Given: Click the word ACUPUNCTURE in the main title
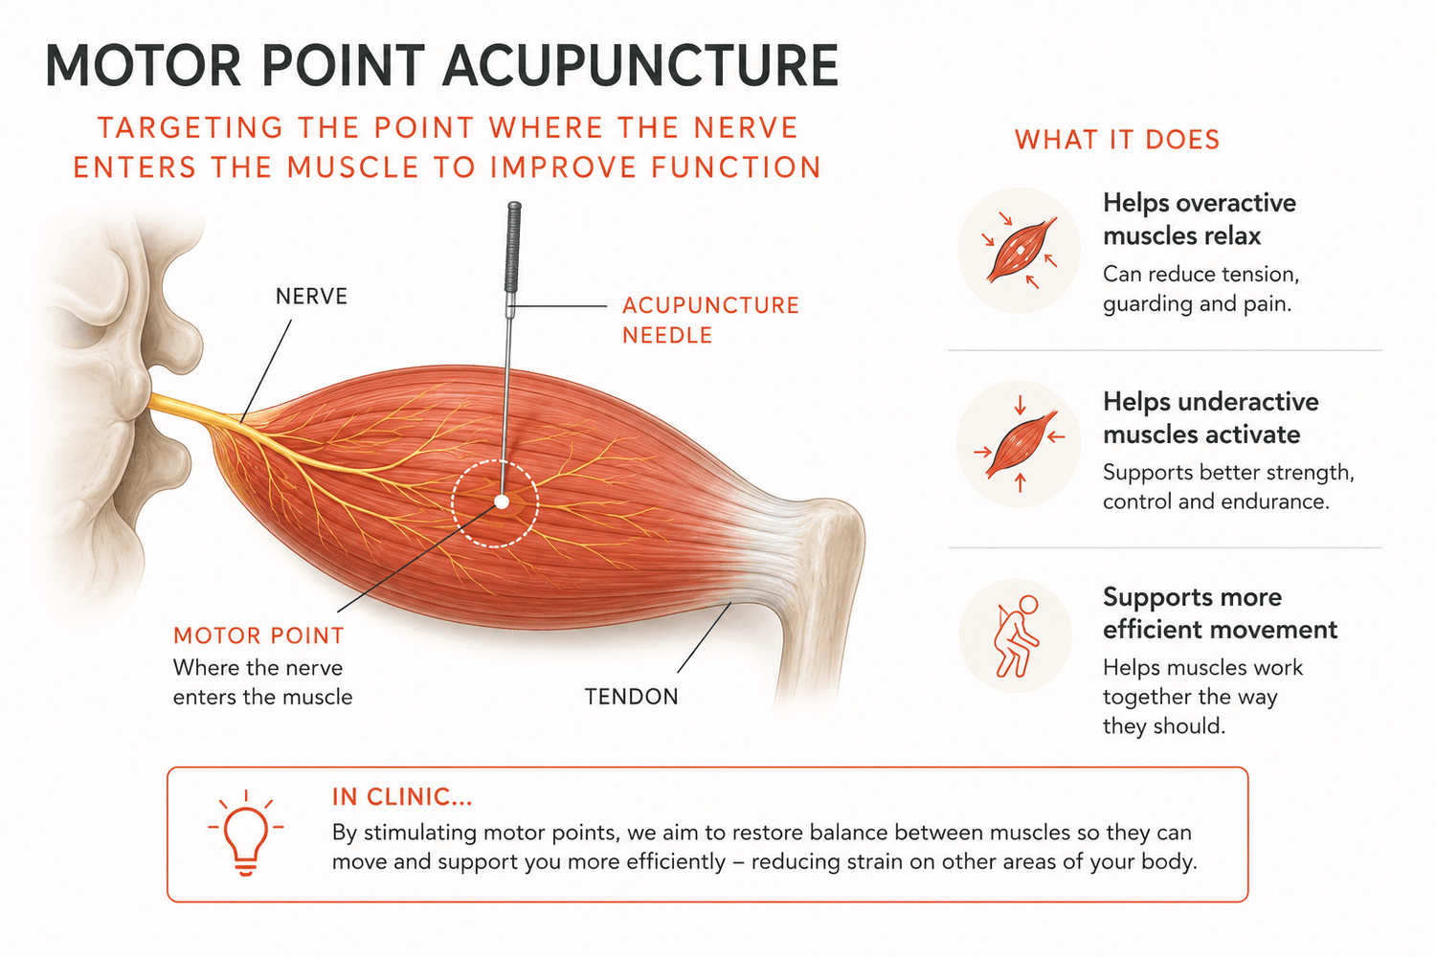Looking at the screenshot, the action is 640,65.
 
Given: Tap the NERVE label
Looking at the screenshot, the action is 311,296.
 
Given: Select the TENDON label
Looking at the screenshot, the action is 632,697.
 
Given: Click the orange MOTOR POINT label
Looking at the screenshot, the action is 259,635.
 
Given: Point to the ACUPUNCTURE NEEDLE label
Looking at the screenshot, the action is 710,320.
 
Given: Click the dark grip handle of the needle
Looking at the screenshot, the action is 513,248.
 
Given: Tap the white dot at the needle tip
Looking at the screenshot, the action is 502,501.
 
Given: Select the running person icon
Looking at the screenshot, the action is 1016,635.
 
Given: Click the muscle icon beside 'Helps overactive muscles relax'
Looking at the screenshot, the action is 1021,251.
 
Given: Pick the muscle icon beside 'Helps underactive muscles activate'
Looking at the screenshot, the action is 1020,444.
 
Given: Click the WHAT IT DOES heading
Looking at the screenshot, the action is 1117,140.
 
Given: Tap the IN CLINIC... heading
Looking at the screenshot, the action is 402,797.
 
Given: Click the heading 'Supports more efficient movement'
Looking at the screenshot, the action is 1220,613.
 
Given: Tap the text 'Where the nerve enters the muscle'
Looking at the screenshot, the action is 263,682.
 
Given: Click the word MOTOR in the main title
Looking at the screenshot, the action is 143,65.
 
